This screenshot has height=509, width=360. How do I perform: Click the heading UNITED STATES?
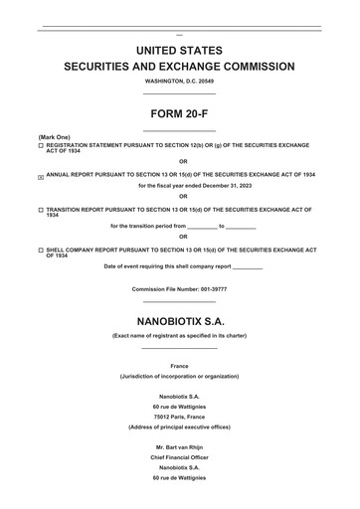179,50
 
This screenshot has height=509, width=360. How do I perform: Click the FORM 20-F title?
179,113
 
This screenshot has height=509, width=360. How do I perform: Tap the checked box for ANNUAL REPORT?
41,176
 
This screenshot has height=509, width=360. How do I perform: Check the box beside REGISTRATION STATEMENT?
41,145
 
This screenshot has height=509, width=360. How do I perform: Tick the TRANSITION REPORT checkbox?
41,210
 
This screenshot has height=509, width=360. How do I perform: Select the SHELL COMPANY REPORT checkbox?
41,250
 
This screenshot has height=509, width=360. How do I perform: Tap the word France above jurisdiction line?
179,366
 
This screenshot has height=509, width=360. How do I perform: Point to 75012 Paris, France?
179,416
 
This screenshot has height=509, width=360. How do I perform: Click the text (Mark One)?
54,136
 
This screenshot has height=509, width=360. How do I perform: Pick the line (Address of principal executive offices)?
179,426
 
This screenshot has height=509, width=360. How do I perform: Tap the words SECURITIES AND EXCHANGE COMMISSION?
179,67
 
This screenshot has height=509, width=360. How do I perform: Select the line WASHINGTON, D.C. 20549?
179,81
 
